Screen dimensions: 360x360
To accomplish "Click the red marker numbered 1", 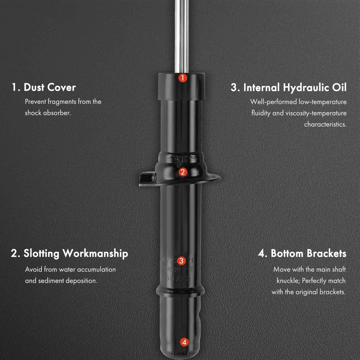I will click(182, 78).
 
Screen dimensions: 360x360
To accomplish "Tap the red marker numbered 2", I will click(182, 172).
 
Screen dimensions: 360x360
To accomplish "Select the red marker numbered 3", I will click(181, 261).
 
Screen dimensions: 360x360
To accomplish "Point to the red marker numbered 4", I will click(184, 342).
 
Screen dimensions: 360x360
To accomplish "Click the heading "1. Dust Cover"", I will click(43, 87).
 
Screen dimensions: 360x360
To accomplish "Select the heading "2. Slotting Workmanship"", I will click(69, 253).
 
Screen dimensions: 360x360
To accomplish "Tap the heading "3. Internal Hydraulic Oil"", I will click(288, 87).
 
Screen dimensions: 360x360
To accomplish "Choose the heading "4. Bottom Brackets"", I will click(302, 253).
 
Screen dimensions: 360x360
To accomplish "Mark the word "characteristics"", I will click(325, 124).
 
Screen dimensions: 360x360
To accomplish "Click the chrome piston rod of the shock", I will click(181, 34).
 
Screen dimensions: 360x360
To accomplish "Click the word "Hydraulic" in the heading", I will click(306, 87).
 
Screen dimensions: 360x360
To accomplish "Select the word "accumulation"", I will click(96, 270).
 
